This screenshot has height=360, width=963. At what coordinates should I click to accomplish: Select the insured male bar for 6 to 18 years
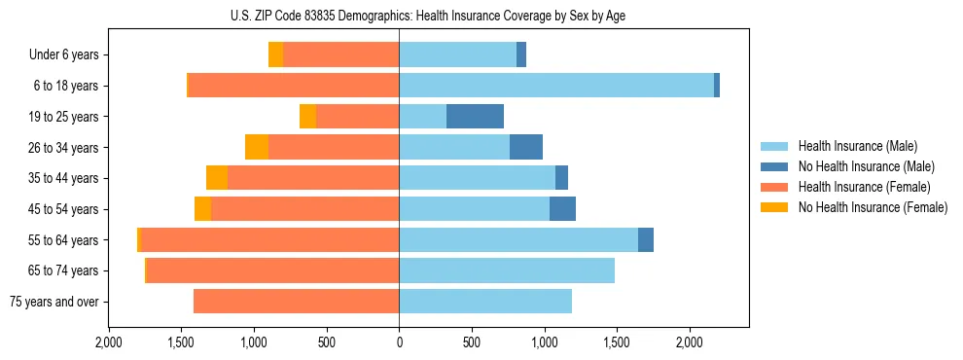pyautogui.click(x=555, y=86)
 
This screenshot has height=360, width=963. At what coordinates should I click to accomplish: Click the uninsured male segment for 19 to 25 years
pyautogui.click(x=475, y=117)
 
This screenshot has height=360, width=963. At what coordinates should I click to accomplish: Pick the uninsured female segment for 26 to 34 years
pyautogui.click(x=257, y=147)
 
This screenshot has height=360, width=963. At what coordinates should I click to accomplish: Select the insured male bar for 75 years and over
pyautogui.click(x=484, y=302)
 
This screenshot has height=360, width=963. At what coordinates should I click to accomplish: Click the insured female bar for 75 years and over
pyautogui.click(x=296, y=302)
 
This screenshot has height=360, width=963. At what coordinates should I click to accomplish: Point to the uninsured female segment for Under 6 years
pyautogui.click(x=275, y=54)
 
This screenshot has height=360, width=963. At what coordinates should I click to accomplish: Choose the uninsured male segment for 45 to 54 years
pyautogui.click(x=562, y=209)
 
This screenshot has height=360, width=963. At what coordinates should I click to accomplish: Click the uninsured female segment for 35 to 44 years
pyautogui.click(x=217, y=178)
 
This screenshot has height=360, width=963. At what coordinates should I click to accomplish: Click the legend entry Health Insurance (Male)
pyautogui.click(x=857, y=146)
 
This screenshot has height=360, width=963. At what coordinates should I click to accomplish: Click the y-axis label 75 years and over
pyautogui.click(x=53, y=302)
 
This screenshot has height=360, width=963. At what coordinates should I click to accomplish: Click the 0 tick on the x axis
pyautogui.click(x=399, y=342)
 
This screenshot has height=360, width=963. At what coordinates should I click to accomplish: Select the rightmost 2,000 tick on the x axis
pyautogui.click(x=689, y=342)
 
